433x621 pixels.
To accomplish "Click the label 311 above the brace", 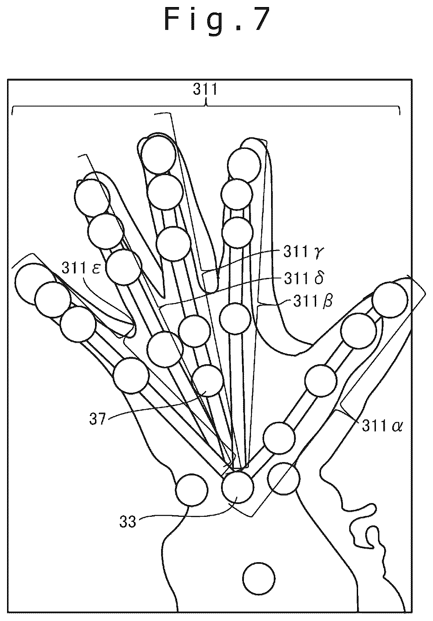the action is [x=205, y=90].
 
